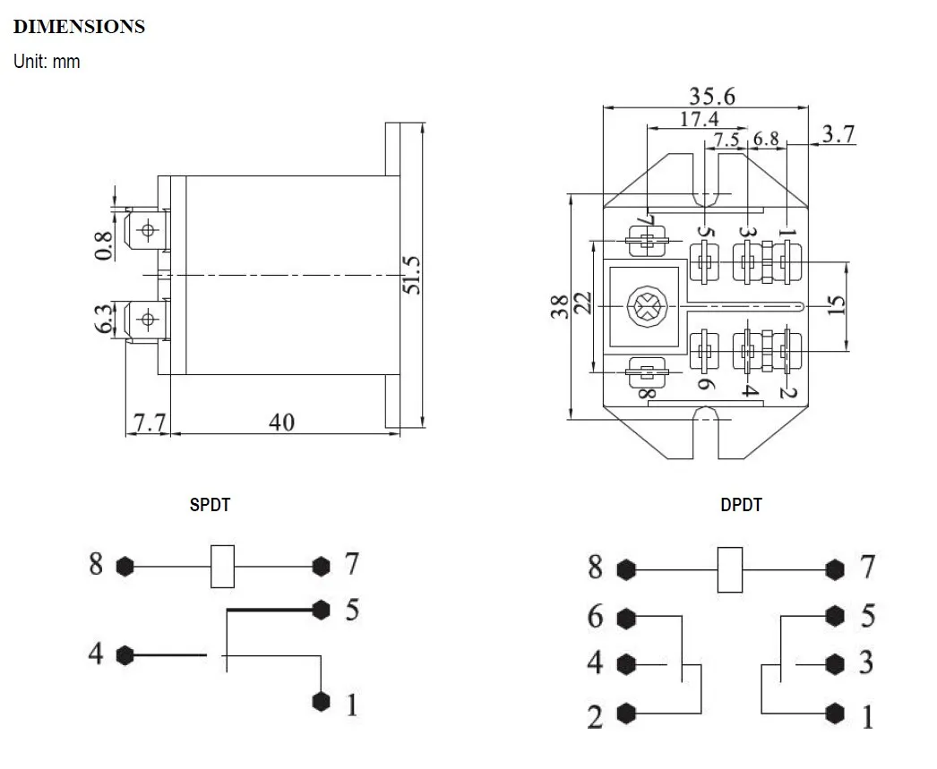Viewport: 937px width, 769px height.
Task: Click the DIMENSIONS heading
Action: [x=79, y=27]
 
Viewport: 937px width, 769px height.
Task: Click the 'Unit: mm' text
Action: [x=47, y=62]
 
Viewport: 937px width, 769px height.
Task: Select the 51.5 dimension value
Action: [x=410, y=274]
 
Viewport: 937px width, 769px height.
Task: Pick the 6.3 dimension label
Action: [x=104, y=319]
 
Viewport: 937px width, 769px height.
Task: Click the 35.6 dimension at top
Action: [x=711, y=96]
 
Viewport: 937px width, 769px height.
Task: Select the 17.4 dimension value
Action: [x=699, y=119]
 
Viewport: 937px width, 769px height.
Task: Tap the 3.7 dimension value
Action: [x=838, y=134]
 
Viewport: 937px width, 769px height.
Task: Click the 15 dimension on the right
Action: [x=836, y=306]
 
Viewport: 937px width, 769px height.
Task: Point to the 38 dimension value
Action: [x=557, y=307]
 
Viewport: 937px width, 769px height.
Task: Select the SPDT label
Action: [x=210, y=505]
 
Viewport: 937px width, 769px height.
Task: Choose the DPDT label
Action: [x=741, y=505]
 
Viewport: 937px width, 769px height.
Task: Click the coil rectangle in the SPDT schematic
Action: [x=222, y=566]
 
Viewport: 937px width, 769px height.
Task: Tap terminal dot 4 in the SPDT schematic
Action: [x=125, y=655]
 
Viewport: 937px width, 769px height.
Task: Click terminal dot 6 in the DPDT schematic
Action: [x=626, y=618]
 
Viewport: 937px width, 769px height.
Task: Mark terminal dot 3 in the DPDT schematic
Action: [x=836, y=663]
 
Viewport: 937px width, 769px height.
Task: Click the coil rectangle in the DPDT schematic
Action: [x=731, y=568]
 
